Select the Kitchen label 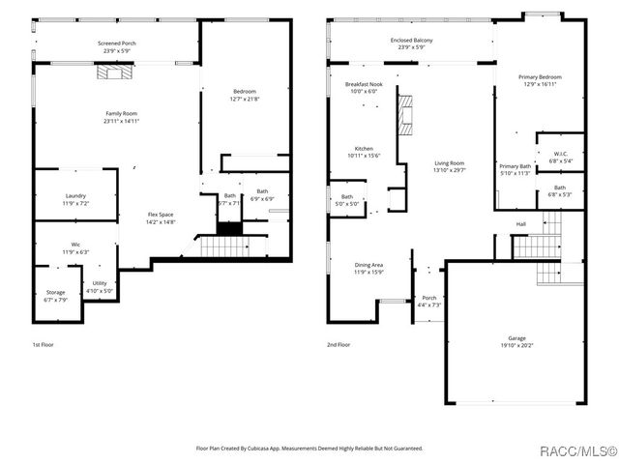[x=363, y=152]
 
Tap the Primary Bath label [x=515, y=169]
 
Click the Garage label [x=517, y=341]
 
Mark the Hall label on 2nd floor [x=520, y=224]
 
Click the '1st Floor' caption [x=44, y=344]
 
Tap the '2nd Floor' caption [x=339, y=344]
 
